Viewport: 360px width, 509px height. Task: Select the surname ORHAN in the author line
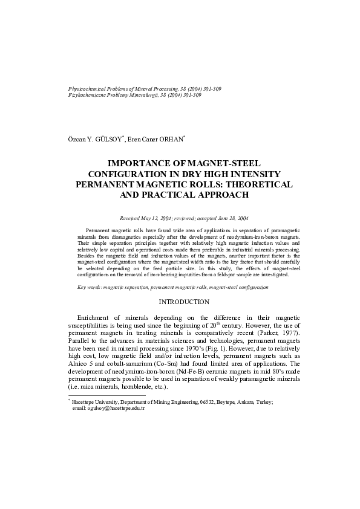pyautogui.click(x=170, y=140)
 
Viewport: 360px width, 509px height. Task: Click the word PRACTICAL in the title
pyautogui.click(x=170, y=195)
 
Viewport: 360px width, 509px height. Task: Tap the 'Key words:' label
pyautogui.click(x=90, y=288)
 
